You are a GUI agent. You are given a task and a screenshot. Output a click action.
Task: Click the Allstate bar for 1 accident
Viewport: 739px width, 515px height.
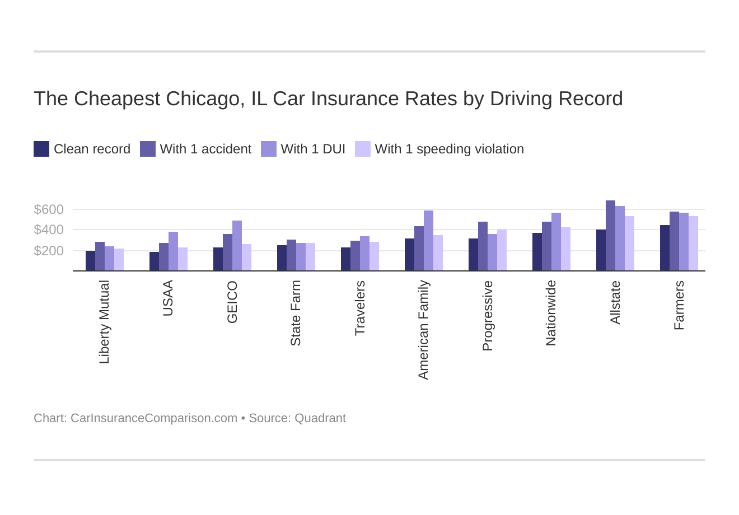click(x=610, y=236)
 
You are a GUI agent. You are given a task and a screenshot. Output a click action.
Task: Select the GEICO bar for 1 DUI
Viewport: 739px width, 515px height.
click(x=237, y=246)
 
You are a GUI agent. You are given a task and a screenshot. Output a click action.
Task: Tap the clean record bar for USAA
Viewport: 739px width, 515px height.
click(x=154, y=261)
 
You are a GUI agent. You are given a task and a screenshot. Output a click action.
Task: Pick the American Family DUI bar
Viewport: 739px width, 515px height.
click(x=428, y=241)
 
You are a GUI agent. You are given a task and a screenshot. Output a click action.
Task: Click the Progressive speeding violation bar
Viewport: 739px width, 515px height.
click(x=502, y=250)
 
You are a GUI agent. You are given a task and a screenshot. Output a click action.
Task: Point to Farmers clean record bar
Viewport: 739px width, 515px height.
click(x=665, y=248)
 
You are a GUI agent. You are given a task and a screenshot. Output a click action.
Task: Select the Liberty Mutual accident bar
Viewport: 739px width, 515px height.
click(x=100, y=256)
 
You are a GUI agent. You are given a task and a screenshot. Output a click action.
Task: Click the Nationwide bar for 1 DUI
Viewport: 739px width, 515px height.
click(x=556, y=242)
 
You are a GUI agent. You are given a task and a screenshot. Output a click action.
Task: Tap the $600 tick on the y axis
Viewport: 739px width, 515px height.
click(x=49, y=209)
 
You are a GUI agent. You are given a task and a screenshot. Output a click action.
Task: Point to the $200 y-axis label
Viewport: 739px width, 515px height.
click(x=49, y=251)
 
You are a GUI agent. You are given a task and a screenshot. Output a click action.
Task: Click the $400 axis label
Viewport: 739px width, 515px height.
click(x=49, y=230)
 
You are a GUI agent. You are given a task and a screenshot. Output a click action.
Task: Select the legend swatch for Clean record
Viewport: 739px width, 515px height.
click(x=41, y=149)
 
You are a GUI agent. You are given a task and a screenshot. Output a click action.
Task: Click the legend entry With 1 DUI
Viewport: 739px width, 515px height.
click(x=312, y=149)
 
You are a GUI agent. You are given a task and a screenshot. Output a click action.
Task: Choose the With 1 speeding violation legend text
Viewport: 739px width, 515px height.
click(x=449, y=149)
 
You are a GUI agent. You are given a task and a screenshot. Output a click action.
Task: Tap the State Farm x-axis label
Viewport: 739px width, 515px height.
click(x=296, y=313)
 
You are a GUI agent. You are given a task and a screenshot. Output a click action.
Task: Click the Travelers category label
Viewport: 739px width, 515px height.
click(x=359, y=308)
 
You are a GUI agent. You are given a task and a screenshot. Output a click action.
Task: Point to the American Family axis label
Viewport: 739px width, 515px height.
click(x=423, y=330)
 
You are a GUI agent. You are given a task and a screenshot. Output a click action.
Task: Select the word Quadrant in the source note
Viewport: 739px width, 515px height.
click(x=320, y=418)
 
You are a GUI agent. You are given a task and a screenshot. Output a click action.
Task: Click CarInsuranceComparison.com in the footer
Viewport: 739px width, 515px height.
click(x=153, y=418)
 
